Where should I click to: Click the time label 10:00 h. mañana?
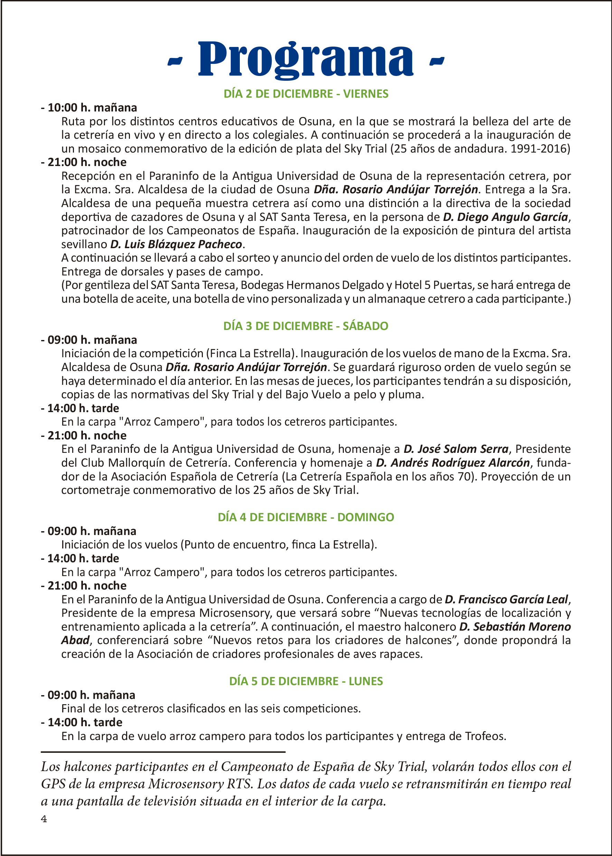[92, 108]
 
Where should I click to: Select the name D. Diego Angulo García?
[505, 217]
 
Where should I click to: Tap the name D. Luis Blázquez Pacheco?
[176, 244]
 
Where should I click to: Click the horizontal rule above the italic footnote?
[163, 752]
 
